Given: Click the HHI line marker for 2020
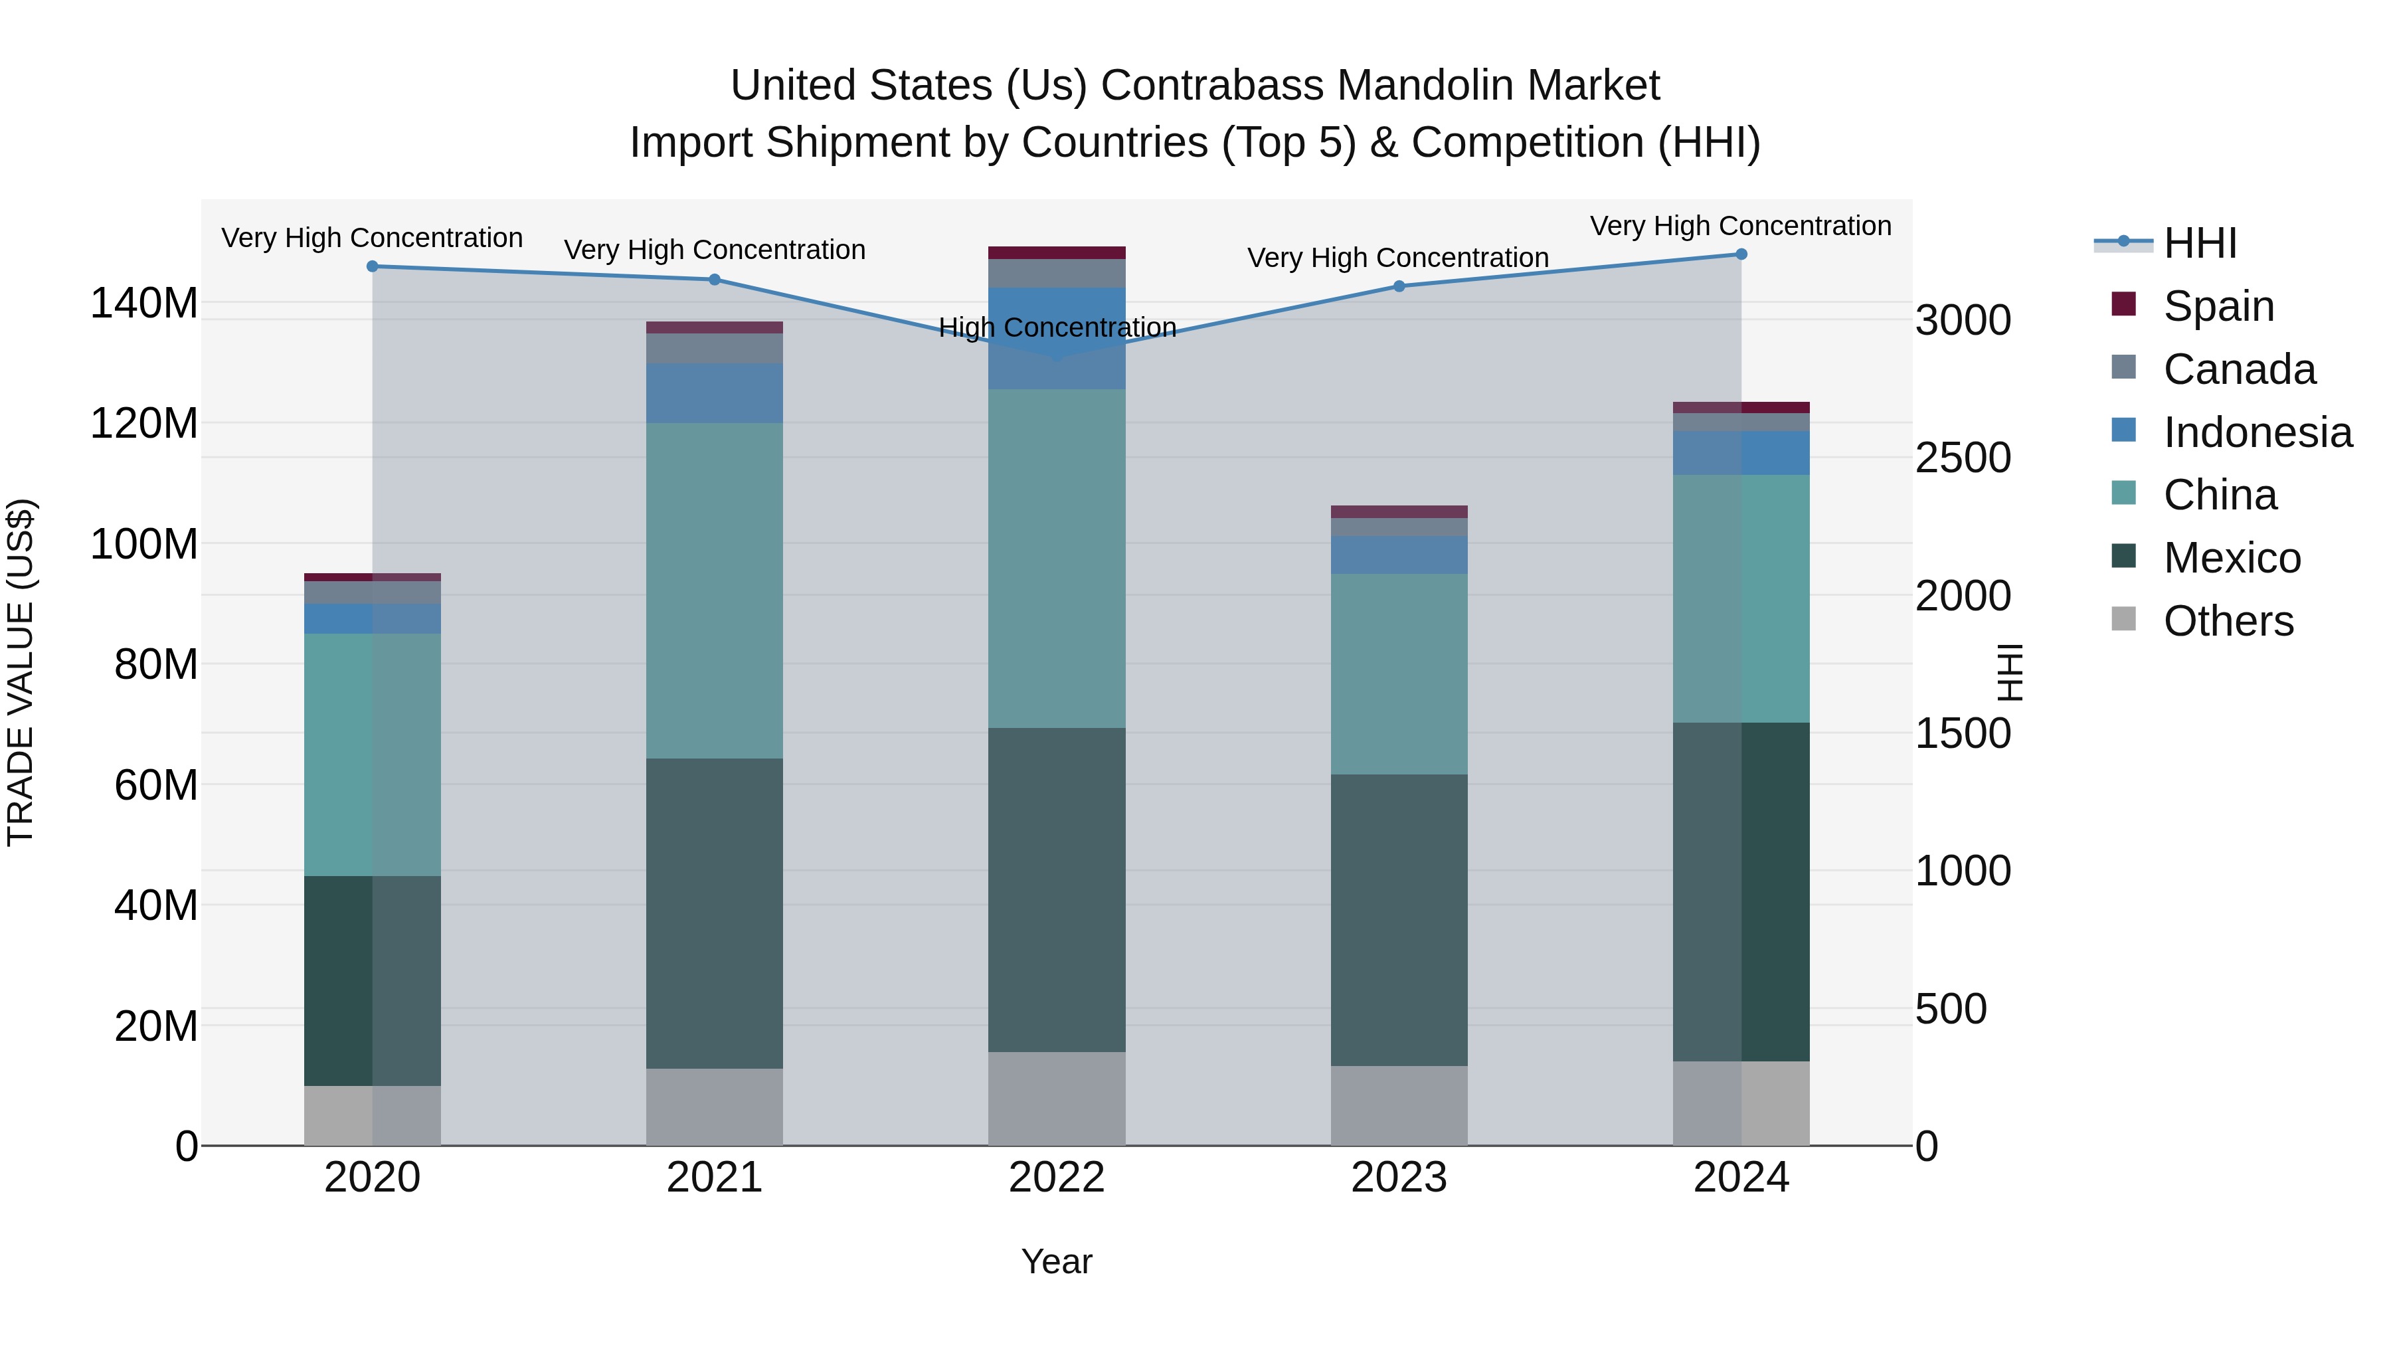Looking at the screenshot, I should (372, 266).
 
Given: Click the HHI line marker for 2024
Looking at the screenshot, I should (1740, 254).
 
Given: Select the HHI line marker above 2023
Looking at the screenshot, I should (1399, 286).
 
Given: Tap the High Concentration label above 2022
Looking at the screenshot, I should (1057, 327).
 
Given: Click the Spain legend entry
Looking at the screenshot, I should (2218, 306).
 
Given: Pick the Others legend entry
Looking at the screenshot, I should (2228, 621).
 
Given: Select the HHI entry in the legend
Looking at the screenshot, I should (2199, 243).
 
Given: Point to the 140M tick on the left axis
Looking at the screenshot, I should (144, 304).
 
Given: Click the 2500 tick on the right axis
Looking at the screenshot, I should (1962, 458).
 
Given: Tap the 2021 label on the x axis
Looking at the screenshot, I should (714, 1178).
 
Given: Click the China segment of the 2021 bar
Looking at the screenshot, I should (714, 590).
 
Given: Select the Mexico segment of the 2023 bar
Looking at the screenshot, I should (1399, 919).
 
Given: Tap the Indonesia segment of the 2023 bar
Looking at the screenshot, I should (1399, 555).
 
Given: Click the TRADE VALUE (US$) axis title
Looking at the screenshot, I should (21, 672).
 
